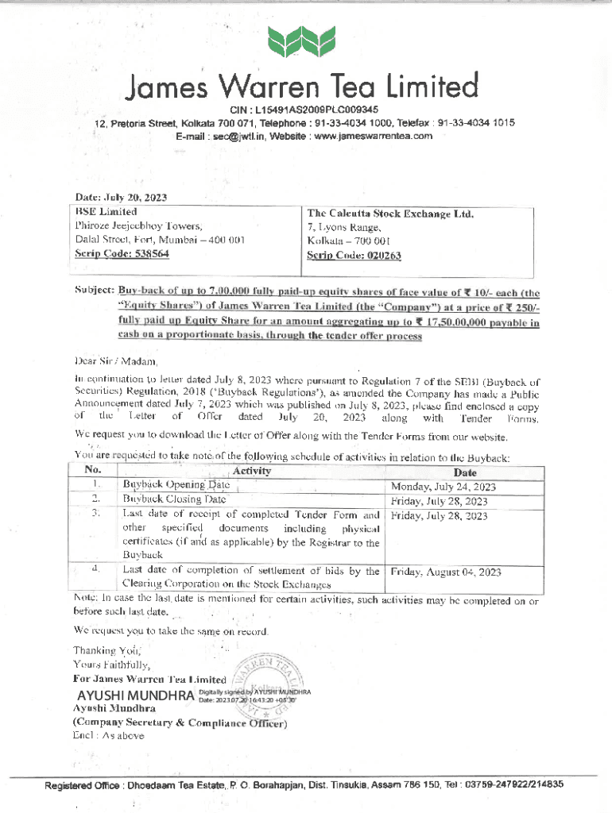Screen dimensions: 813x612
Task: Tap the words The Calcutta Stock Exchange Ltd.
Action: [390, 213]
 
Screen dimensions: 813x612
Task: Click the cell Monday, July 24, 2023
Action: [444, 486]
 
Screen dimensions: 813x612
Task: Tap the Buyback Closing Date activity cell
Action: [175, 500]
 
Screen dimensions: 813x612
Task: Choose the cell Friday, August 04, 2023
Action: [446, 571]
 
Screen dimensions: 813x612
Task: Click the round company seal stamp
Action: [271, 679]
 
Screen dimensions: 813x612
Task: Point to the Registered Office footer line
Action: [304, 784]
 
